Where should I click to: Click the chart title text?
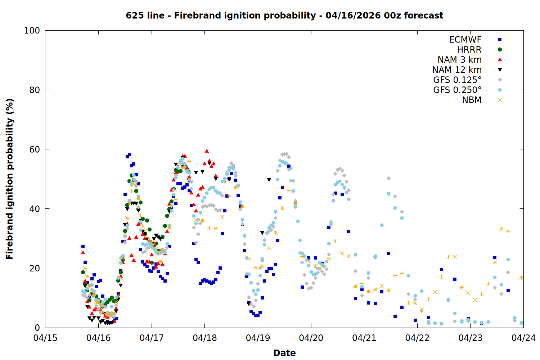pos(284,15)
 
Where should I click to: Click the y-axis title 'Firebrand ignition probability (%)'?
pos(10,179)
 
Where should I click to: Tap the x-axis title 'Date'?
pos(284,353)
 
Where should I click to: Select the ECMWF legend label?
pos(465,40)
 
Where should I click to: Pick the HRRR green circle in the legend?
pos(500,50)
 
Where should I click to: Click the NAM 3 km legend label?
pos(459,60)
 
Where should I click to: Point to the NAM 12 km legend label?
pos(457,70)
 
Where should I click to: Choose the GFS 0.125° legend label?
pos(457,80)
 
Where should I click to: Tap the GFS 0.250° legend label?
pos(457,90)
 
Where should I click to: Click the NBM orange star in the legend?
pos(500,100)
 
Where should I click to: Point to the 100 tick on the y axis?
pos(32,31)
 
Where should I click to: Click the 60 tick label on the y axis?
pos(34,149)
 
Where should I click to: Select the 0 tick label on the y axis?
pos(37,328)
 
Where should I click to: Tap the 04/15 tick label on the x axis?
pos(45,338)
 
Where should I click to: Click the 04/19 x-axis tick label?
pos(258,338)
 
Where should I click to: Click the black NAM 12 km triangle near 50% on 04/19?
pos(269,180)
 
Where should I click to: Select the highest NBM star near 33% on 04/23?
pos(501,229)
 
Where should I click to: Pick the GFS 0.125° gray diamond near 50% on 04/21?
pos(388,178)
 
